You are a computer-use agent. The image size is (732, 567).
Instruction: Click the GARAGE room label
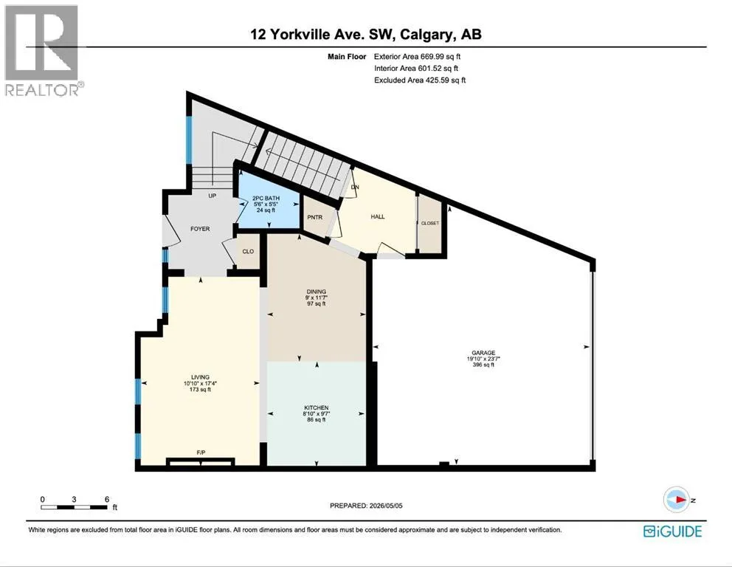coord(483,353)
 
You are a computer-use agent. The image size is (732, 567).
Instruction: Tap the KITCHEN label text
coord(316,408)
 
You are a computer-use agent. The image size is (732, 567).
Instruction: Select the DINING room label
coord(316,292)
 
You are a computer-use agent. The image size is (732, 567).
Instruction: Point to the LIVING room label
coord(200,377)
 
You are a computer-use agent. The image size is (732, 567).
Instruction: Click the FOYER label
coord(200,229)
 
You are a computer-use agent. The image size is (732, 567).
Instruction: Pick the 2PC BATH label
coord(266,199)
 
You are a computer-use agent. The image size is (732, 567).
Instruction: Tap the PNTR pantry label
coord(315,217)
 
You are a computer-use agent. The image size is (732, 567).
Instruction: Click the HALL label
coord(378,217)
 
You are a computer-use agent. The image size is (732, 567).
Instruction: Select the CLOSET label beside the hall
coord(430,223)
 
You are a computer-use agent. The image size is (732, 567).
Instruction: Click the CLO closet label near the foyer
coord(248,251)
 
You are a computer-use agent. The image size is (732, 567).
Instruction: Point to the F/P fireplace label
coord(201,453)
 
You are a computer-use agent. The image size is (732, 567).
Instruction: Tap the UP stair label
coord(213,196)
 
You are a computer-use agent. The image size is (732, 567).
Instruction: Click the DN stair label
coord(355,188)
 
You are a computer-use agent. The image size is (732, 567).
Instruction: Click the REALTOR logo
coord(44,50)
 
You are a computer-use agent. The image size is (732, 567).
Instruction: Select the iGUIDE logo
coord(673,532)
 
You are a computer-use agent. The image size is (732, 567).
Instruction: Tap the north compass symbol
coord(677,500)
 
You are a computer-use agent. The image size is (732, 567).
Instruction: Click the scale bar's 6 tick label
coord(107,499)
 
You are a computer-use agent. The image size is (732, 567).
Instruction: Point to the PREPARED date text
coord(366,505)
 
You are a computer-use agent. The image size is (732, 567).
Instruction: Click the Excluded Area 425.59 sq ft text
coord(420,80)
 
